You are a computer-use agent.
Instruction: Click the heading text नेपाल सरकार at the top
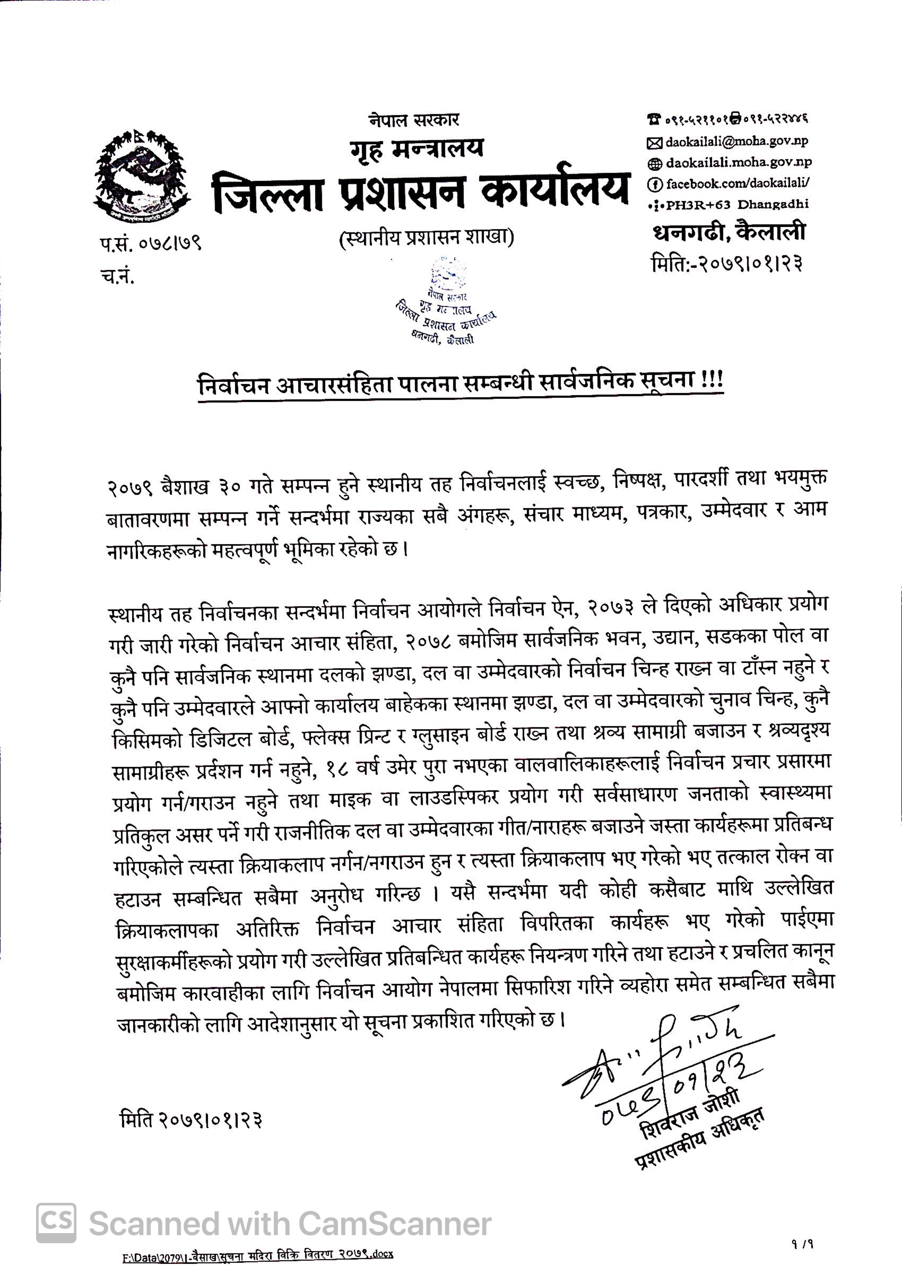(x=414, y=119)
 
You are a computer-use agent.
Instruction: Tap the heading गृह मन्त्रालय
(x=417, y=149)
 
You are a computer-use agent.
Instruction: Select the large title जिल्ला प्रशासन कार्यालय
(x=422, y=190)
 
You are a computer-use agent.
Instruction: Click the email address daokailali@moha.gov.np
(x=736, y=142)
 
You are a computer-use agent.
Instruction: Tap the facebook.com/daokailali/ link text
(x=738, y=184)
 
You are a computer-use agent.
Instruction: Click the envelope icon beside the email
(x=655, y=143)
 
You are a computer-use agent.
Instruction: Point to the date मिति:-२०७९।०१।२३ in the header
(x=727, y=263)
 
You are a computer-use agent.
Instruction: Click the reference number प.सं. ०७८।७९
(x=151, y=243)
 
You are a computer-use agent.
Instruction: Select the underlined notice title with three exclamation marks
(x=461, y=382)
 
